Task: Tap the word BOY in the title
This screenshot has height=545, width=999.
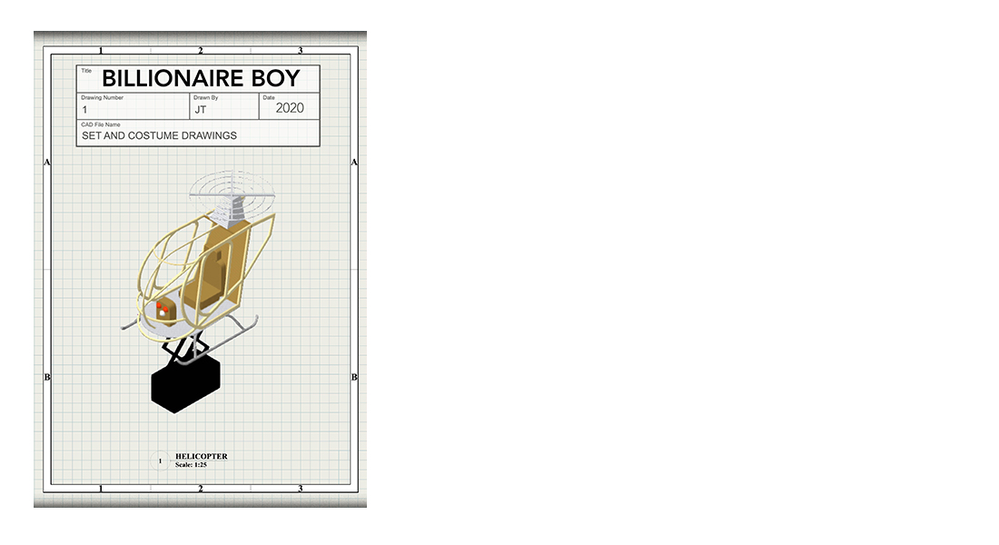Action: click(x=275, y=78)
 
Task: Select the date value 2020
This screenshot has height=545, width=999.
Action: click(x=289, y=108)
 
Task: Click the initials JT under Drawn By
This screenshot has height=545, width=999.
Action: click(x=200, y=110)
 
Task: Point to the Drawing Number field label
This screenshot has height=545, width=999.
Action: click(x=102, y=97)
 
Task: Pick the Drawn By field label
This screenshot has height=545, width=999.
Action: click(x=206, y=97)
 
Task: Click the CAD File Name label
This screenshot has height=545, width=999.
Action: click(x=101, y=124)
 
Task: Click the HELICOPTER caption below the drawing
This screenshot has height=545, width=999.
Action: click(x=202, y=456)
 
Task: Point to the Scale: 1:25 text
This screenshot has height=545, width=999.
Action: click(x=191, y=465)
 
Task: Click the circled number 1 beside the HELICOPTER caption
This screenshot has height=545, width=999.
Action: click(x=160, y=461)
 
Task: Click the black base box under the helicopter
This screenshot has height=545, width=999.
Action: click(x=185, y=383)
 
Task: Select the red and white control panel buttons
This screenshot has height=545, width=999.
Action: click(x=162, y=310)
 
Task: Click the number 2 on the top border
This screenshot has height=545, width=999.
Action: click(x=200, y=50)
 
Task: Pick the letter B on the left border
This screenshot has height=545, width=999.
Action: click(x=46, y=377)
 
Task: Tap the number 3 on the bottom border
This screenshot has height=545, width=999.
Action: click(x=300, y=489)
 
